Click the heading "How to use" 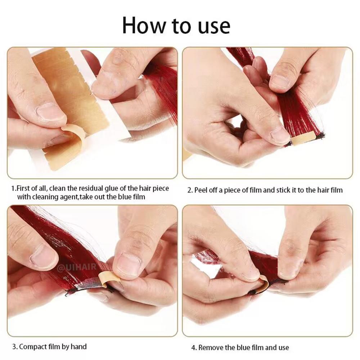[176, 26]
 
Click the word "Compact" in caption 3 [33, 347]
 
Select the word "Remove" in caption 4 [211, 347]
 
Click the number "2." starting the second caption [190, 190]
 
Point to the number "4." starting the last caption [194, 347]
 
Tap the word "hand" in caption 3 [79, 347]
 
